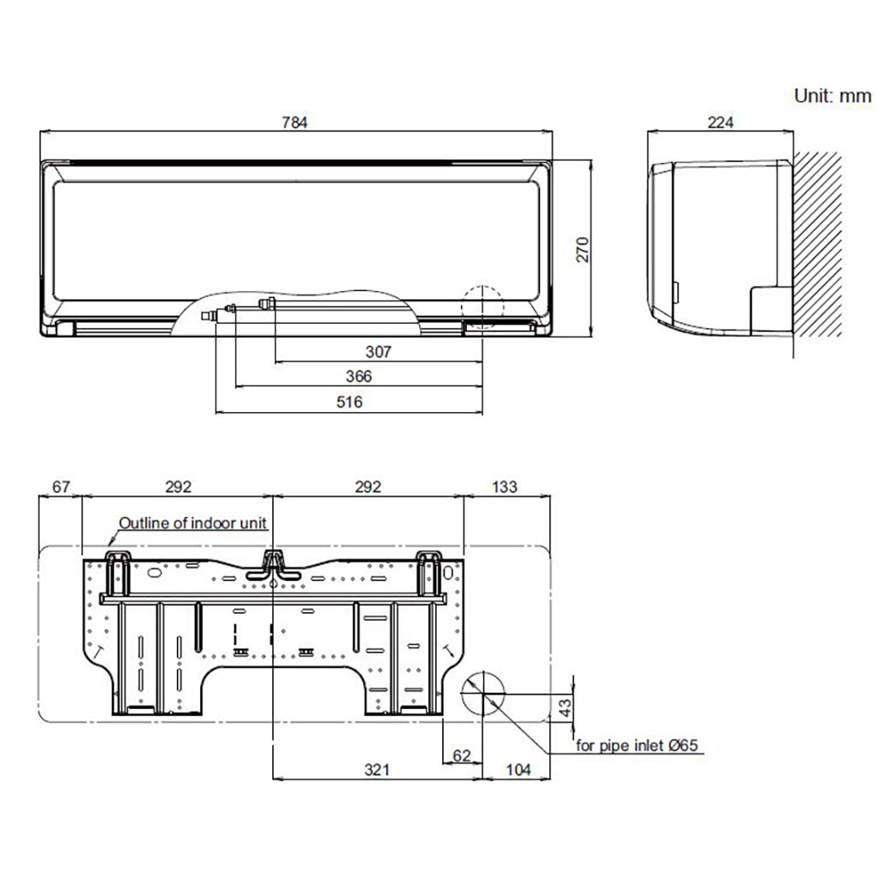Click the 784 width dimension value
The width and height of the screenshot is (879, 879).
point(294,122)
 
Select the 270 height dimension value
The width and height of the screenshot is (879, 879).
point(583,249)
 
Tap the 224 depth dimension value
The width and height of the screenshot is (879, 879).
point(720,122)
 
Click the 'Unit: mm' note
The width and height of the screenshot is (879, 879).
point(832,96)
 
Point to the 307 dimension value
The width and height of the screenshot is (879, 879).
point(378,351)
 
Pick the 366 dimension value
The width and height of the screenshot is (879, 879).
point(358,376)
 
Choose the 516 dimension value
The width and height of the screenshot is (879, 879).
point(349,402)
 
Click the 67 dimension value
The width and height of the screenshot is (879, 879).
point(61,487)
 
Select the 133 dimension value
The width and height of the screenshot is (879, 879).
point(505,487)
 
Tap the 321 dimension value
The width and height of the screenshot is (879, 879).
point(376,770)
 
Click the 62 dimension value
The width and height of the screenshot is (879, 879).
point(462,755)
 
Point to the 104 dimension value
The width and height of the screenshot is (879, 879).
point(518,770)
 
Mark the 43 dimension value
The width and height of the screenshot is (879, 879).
point(564,708)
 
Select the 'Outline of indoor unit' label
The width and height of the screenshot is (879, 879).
point(193,523)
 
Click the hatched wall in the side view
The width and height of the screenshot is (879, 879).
point(818,249)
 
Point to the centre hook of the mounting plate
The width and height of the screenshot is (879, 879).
point(273,563)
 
